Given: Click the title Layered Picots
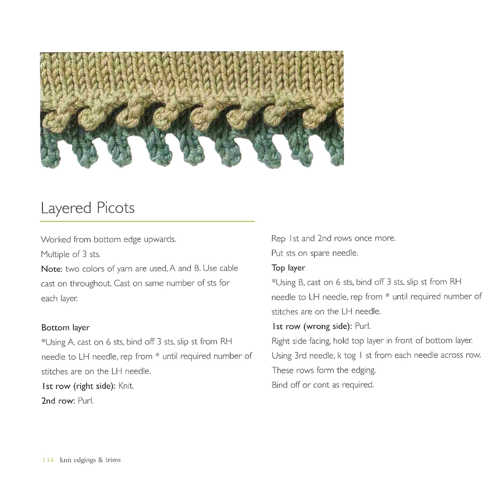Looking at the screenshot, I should [88, 208].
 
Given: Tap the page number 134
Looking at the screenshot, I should [48, 460].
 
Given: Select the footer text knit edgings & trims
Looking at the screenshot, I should [90, 460].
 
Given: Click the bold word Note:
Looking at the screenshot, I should [52, 269].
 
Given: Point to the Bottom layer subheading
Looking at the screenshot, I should [65, 328].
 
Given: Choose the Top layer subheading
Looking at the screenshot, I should [288, 268].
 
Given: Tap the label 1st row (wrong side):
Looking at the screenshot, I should [312, 326].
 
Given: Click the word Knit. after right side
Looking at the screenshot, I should [126, 386].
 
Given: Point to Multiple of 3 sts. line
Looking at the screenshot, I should [70, 254].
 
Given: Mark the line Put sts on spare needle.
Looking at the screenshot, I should [314, 253].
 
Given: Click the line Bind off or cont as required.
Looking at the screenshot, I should [323, 385].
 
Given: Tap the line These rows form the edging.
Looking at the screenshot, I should [323, 370].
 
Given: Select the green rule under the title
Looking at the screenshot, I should [147, 221].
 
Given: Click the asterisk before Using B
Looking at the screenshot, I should [273, 281].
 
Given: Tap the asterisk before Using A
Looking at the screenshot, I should [43, 341].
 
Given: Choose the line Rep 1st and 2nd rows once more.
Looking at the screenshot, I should [334, 238].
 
